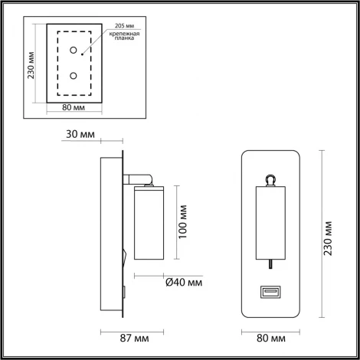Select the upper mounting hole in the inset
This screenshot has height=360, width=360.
(74, 51)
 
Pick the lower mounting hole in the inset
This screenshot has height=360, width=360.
(74, 76)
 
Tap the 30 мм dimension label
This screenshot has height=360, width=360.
(81, 135)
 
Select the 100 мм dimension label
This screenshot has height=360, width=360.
(182, 221)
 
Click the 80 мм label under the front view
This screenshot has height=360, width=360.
(270, 336)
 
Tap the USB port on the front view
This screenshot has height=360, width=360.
(270, 291)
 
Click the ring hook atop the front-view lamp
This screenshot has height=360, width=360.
(270, 178)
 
